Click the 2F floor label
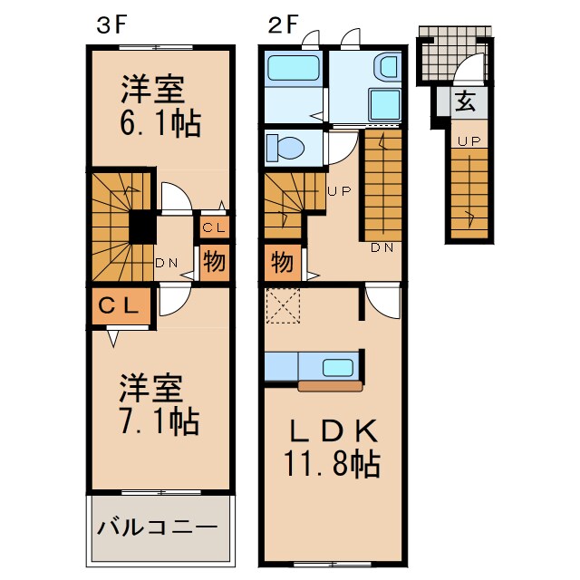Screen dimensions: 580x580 pyautogui.click(x=282, y=24)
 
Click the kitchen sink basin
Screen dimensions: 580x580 pyautogui.click(x=339, y=367)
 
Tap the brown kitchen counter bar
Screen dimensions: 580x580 pyautogui.click(x=330, y=386)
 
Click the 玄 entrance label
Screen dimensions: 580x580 pyautogui.click(x=466, y=101)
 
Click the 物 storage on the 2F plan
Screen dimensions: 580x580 pyautogui.click(x=282, y=264)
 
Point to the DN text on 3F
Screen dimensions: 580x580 pyautogui.click(x=166, y=264)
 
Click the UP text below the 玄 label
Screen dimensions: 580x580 pyautogui.click(x=468, y=140)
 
